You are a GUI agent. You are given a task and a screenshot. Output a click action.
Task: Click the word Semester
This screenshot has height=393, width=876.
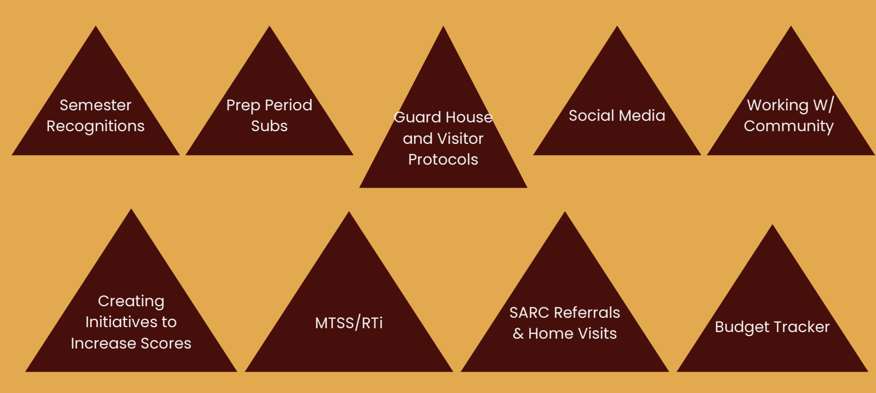click(x=96, y=105)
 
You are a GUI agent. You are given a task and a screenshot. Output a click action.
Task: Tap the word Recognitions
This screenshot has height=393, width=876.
click(x=96, y=126)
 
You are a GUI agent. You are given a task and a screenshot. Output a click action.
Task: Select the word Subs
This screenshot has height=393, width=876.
click(x=269, y=126)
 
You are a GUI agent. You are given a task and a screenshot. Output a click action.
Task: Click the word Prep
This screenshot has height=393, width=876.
click(x=242, y=105)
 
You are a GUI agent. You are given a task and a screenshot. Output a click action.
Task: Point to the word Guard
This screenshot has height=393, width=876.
click(x=418, y=117)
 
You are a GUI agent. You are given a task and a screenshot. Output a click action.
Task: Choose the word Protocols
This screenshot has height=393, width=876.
click(x=443, y=160)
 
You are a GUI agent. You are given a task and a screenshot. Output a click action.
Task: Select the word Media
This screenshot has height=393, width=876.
click(x=642, y=116)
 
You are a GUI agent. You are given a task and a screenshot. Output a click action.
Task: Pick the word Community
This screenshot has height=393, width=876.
click(x=789, y=126)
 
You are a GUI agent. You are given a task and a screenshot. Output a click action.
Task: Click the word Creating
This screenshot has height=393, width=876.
click(x=131, y=301)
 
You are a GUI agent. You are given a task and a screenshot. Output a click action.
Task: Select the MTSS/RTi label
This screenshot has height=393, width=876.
click(x=349, y=323)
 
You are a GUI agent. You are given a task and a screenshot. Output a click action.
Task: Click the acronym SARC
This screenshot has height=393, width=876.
click(x=529, y=313)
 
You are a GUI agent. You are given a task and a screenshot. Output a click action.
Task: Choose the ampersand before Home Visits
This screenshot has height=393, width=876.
click(x=518, y=334)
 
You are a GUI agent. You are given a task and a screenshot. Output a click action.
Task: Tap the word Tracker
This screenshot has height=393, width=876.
click(x=803, y=327)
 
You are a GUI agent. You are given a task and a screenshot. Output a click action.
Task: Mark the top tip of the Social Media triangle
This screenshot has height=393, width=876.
click(x=617, y=27)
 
